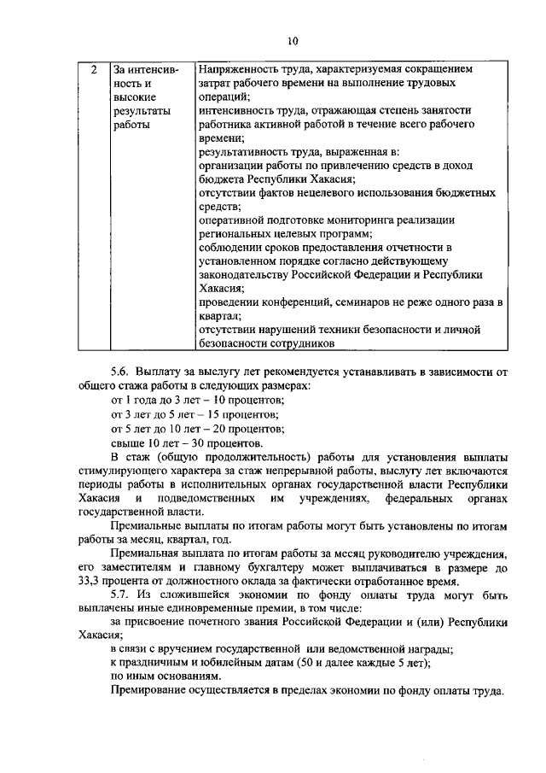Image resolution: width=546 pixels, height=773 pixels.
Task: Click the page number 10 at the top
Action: coord(293,40)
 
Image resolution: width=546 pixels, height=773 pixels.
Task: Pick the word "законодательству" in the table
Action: coord(244,275)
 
